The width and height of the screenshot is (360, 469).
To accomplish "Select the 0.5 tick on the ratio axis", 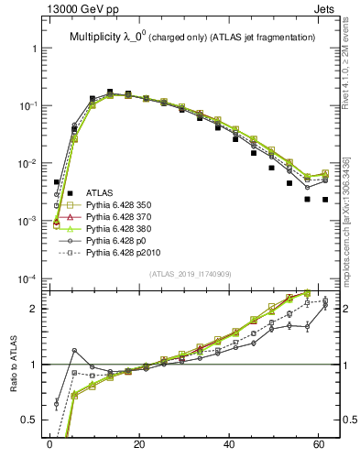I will click(x=26, y=420).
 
